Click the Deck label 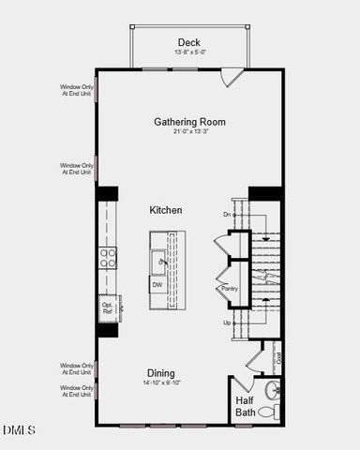[188, 42]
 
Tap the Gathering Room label [189, 122]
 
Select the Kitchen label [165, 210]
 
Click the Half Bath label [245, 406]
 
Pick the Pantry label [230, 289]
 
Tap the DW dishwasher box [157, 284]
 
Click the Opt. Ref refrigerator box [108, 307]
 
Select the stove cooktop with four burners [109, 258]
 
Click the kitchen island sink [158, 261]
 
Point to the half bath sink [271, 389]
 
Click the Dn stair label [227, 215]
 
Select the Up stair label [226, 322]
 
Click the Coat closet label [278, 356]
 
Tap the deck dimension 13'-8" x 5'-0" [189, 52]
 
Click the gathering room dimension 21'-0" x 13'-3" [189, 132]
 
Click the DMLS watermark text [19, 430]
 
